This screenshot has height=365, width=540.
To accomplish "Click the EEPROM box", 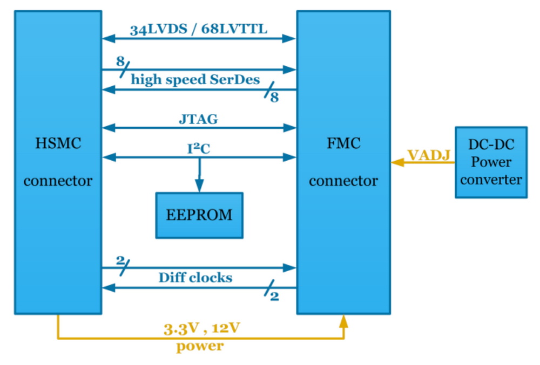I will pos(199,215).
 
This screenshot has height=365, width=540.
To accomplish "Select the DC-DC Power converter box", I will pos(491,162).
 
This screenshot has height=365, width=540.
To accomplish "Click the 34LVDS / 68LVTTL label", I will pos(198,29).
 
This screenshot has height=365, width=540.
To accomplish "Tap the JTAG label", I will pos(198,119).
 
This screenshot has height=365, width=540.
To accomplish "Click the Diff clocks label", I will pos(195,278).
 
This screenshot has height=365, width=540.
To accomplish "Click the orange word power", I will pos(199,346).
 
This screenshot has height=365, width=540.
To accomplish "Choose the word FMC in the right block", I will pos(343,144).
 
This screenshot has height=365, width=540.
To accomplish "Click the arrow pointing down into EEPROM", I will pos(199,186).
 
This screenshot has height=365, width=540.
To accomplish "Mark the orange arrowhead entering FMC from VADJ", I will pos(397,162).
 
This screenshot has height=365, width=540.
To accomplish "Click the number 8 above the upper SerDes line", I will pos(120,61).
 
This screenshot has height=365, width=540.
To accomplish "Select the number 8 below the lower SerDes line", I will pos(274,98).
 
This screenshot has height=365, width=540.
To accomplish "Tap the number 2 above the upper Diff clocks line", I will pos(120,259).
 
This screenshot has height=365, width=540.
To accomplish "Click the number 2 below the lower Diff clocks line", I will pos(274,296).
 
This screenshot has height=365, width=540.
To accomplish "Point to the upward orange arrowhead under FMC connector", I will pos(343,322).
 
